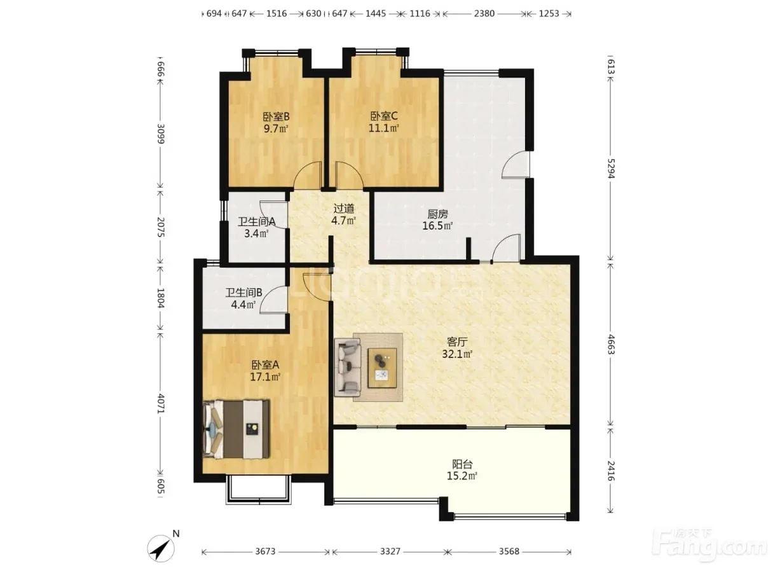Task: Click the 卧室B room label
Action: [276, 116]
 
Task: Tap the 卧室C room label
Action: [384, 116]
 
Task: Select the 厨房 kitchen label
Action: [437, 214]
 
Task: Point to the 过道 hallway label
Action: [344, 208]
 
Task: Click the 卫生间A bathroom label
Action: [256, 221]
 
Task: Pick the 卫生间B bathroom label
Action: [243, 293]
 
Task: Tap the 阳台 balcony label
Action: [462, 464]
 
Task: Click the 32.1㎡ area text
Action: [457, 354]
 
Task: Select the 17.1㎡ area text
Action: [265, 377]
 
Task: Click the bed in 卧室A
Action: [236, 429]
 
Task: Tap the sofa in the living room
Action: [348, 368]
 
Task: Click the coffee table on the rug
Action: [382, 368]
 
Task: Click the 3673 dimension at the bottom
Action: [265, 551]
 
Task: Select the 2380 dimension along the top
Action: [484, 13]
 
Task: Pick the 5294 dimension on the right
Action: [611, 169]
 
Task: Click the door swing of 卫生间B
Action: [273, 300]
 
